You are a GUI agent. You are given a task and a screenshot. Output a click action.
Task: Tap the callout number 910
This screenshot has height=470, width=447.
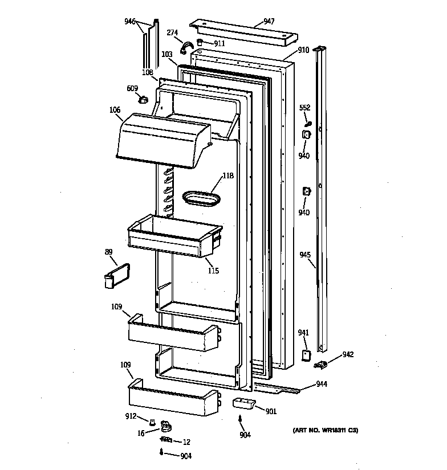[x=303, y=50]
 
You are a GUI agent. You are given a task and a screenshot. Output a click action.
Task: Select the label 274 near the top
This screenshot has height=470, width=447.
[x=172, y=32]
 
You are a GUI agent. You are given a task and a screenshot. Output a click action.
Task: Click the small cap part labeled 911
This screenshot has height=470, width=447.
[x=200, y=43]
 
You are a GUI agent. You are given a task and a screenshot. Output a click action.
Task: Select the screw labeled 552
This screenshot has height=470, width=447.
[x=308, y=122]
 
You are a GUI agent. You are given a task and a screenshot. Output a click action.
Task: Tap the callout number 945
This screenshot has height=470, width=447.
[x=305, y=255]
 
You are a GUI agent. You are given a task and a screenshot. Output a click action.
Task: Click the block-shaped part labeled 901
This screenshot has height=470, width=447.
[x=243, y=403]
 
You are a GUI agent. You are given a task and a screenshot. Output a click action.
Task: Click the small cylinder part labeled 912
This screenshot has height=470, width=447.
[x=152, y=422]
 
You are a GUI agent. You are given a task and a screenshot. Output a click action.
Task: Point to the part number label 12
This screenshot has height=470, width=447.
[x=186, y=442]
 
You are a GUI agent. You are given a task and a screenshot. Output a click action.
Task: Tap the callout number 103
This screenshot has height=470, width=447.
[x=167, y=55]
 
